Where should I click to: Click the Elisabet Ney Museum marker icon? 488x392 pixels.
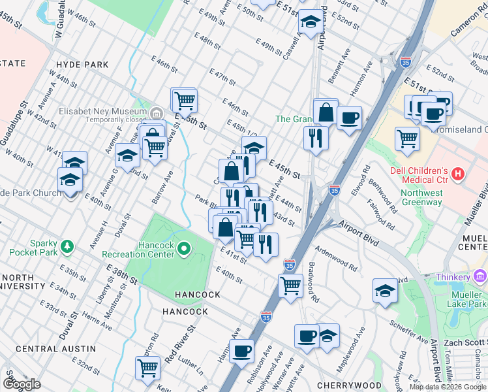pyautogui.click(x=157, y=110)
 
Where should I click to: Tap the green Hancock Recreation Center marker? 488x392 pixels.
pyautogui.click(x=184, y=248)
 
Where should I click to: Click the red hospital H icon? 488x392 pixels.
pyautogui.click(x=458, y=174)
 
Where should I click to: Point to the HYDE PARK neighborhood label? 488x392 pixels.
pyautogui.click(x=83, y=65)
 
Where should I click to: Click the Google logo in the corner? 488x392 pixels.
pyautogui.click(x=22, y=384)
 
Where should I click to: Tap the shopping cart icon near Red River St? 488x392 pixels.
pyautogui.click(x=148, y=368)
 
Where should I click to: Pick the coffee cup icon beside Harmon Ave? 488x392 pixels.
pyautogui.click(x=241, y=350)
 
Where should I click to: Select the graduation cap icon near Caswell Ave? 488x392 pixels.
pyautogui.click(x=311, y=22)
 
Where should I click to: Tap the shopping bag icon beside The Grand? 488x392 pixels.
pyautogui.click(x=325, y=112)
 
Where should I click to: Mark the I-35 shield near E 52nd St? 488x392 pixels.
pyautogui.click(x=406, y=62)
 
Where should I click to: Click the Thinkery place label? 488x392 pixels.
pyautogui.click(x=453, y=277)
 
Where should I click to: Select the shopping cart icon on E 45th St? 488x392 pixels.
pyautogui.click(x=185, y=101)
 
